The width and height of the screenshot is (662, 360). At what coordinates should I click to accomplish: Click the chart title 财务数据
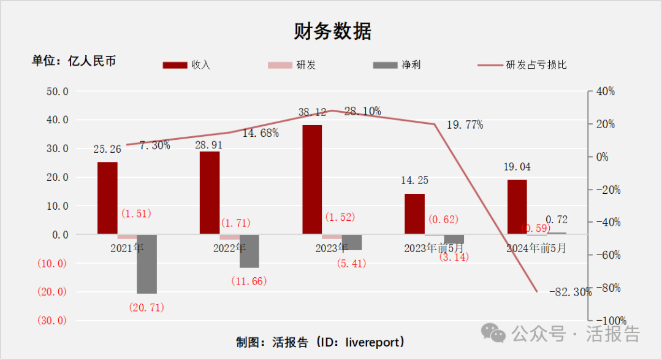pyautogui.click(x=332, y=31)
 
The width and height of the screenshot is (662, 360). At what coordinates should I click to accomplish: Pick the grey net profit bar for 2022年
pyautogui.click(x=249, y=251)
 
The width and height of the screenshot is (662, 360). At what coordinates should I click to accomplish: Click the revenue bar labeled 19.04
pyautogui.click(x=517, y=207)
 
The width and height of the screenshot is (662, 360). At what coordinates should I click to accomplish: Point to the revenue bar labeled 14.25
pyautogui.click(x=414, y=213)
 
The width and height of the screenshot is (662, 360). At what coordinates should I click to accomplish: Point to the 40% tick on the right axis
pyautogui.click(x=605, y=91)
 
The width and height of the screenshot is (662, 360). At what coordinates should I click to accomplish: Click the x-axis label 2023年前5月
pyautogui.click(x=435, y=248)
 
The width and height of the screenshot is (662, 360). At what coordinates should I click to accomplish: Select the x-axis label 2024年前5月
pyautogui.click(x=536, y=248)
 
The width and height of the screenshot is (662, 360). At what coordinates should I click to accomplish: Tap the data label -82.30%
pyautogui.click(x=570, y=292)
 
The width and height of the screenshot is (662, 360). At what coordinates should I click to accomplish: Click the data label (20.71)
pyautogui.click(x=146, y=307)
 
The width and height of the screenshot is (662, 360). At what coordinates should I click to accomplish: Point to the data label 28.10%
pyautogui.click(x=362, y=112)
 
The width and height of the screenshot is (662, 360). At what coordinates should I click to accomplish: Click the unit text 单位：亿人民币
pyautogui.click(x=74, y=61)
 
